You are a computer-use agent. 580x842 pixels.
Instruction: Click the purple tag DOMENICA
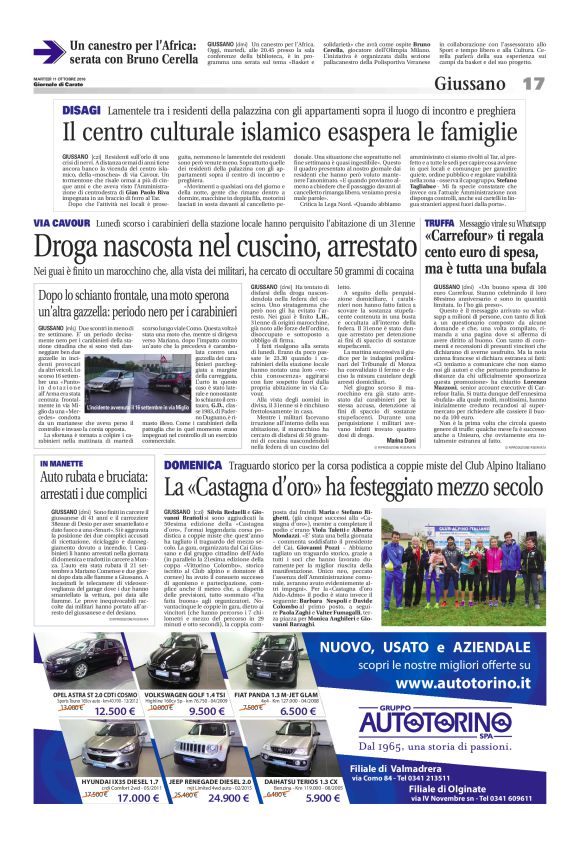(194, 463)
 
